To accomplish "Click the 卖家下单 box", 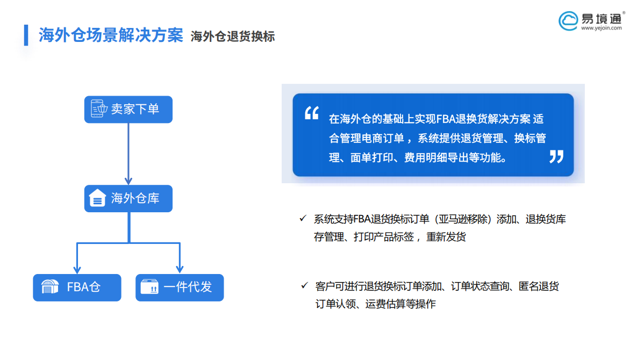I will click(x=128, y=109).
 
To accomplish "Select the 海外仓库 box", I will click(x=128, y=199).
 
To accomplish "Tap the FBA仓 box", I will click(x=77, y=287).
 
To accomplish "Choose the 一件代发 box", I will click(x=180, y=287).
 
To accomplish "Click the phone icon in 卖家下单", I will click(x=98, y=109).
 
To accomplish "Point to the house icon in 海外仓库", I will click(x=97, y=199).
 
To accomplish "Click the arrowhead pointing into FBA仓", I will click(x=77, y=269).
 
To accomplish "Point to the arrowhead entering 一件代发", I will click(x=180, y=269).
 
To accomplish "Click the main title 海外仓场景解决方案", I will click(x=111, y=35).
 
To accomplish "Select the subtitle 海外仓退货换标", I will click(x=233, y=37).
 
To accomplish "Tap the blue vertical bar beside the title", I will click(x=26, y=35).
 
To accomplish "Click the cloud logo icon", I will click(x=568, y=21).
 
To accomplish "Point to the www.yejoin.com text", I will click(x=601, y=28).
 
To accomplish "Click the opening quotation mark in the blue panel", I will click(x=312, y=113).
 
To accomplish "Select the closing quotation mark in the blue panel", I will click(x=556, y=156).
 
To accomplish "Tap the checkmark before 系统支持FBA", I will click(x=303, y=219).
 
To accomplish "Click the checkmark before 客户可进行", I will click(x=304, y=285).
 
